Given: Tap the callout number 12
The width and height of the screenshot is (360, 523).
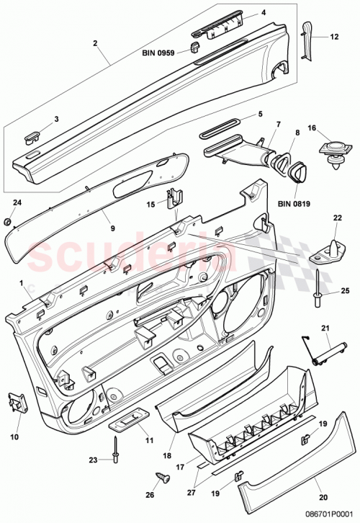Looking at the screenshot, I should (x=333, y=36).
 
